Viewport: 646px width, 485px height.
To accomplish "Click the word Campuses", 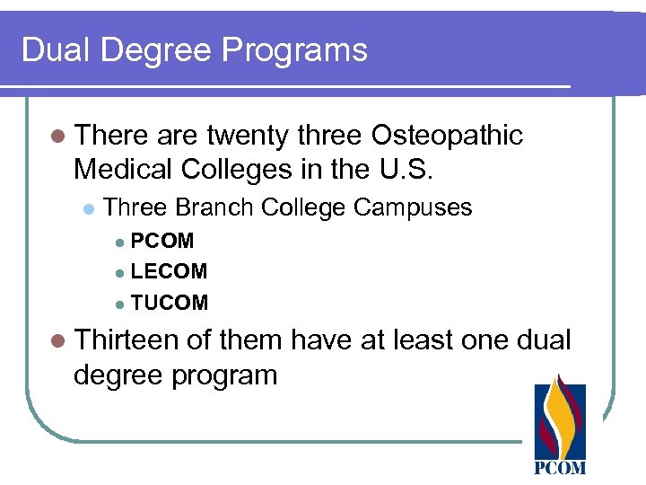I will point(412,208).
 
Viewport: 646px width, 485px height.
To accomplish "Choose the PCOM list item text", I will point(161,241).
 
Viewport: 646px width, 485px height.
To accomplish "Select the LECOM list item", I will point(169,271).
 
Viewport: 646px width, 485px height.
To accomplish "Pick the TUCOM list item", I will point(169,303).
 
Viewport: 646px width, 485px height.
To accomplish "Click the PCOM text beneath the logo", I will point(560,467).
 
